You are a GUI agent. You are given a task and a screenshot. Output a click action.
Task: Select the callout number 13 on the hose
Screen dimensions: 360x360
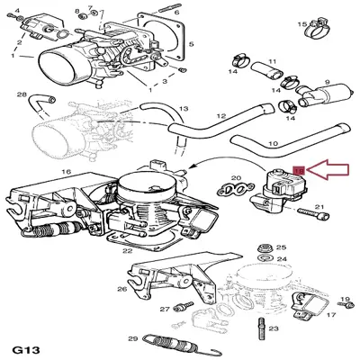click(183, 106)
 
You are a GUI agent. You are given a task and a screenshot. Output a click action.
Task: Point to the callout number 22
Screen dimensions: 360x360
click(129, 251)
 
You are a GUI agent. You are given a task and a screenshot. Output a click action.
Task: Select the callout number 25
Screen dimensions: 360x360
click(281, 247)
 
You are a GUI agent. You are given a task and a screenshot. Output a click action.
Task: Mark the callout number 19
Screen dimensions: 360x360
click(344, 300)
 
